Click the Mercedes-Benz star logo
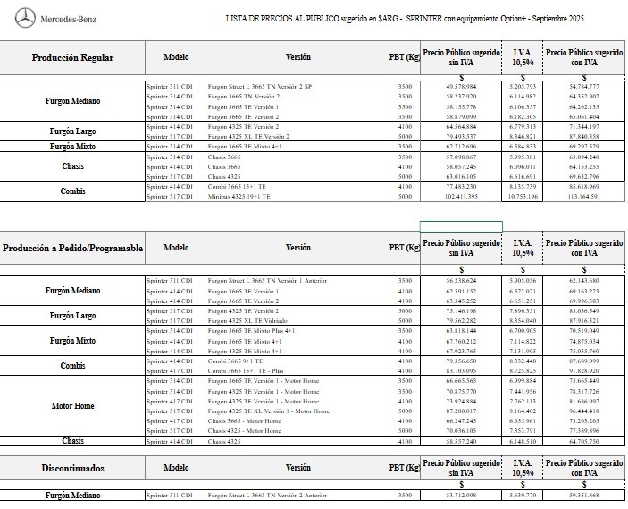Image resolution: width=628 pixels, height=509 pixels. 26,16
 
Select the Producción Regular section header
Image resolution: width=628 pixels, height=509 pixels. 72,57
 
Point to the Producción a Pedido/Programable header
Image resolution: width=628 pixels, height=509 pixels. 72,247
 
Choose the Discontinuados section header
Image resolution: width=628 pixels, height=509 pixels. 72,467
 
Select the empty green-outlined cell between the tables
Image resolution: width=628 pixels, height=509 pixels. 455,225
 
